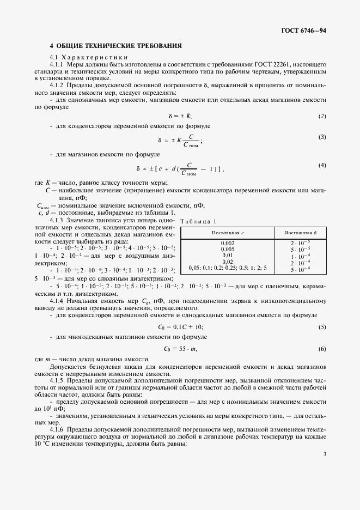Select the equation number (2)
322,116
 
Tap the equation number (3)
322,137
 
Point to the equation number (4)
322,165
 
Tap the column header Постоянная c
227,233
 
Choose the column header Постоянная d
301,233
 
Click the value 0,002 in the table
228,242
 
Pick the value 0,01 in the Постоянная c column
228,254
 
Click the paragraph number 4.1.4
58,301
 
